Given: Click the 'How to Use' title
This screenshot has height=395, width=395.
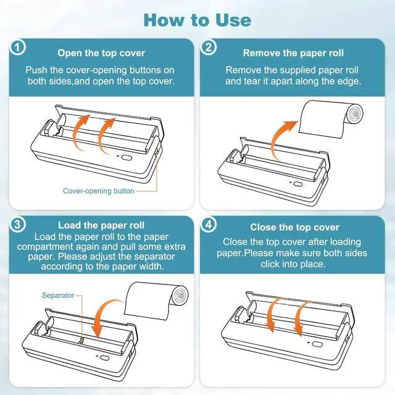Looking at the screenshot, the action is click(x=197, y=20).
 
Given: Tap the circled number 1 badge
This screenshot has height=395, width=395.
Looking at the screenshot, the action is click(x=18, y=47).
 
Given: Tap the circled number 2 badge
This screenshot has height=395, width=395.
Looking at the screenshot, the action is click(x=209, y=47).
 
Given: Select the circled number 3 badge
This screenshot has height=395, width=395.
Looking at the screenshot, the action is click(x=18, y=225).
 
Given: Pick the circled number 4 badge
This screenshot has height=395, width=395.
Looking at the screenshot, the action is click(x=209, y=225).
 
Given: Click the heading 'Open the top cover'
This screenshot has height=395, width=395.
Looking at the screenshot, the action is click(x=101, y=53).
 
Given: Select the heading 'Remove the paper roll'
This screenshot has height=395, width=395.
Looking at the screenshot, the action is click(x=293, y=53).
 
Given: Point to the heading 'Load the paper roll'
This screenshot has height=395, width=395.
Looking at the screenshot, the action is click(x=101, y=225).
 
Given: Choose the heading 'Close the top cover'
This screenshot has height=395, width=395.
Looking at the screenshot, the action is click(x=294, y=227).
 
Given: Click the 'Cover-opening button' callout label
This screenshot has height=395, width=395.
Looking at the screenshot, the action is click(x=99, y=191).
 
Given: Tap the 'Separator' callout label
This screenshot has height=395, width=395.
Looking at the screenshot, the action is click(x=58, y=295).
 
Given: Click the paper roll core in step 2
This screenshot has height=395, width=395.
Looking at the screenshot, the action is click(x=355, y=114).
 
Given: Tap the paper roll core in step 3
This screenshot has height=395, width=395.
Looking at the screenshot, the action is click(x=181, y=296).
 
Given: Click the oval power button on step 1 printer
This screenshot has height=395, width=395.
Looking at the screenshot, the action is click(x=127, y=158).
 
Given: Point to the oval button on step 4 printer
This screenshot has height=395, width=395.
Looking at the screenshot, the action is click(x=317, y=344).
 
